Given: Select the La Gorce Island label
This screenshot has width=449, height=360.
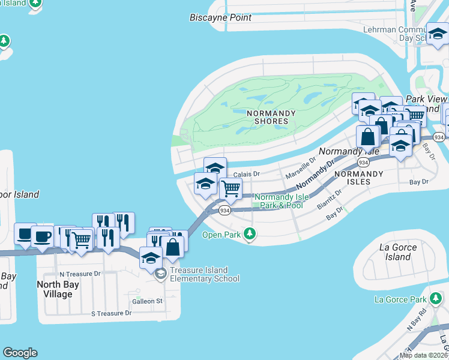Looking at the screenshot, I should pos(395,252).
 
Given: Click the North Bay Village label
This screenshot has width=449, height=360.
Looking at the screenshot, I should pos(55,289).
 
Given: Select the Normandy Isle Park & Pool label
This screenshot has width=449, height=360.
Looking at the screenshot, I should pos(279,201).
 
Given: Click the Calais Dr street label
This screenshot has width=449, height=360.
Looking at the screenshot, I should pos(246,174).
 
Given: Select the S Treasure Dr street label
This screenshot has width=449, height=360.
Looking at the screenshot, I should pos(111,313).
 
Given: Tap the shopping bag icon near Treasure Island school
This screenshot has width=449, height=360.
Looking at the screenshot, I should pos(172,247).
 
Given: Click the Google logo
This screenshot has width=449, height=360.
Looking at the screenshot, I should pos(20,353).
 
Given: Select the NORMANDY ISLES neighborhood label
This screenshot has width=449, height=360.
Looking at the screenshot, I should pos(358,178).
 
